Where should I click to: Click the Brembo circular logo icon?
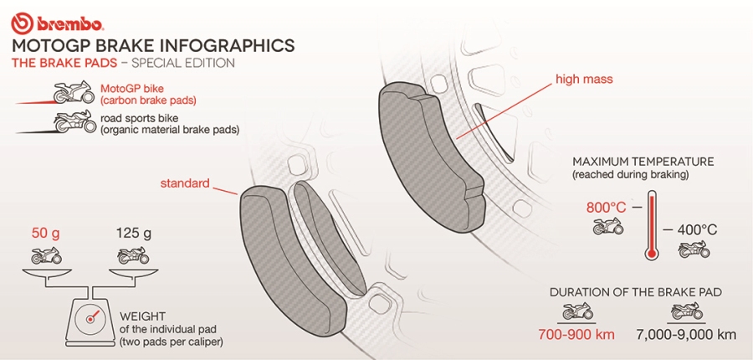[x=21, y=24]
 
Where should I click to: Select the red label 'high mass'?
[x=584, y=79]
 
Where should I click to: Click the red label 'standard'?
[x=185, y=183]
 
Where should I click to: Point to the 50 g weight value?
[x=46, y=234]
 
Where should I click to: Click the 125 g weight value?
[x=134, y=234]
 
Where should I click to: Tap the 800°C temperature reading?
[x=607, y=208]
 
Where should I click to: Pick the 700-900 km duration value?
[x=576, y=335]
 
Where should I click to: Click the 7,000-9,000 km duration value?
[x=686, y=335]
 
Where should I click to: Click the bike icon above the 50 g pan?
[x=46, y=255]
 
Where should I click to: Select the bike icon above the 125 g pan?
[x=133, y=255]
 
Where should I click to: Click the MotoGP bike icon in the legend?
[x=74, y=92]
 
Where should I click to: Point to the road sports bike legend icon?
[x=74, y=121]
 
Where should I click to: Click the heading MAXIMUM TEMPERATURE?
[x=643, y=161]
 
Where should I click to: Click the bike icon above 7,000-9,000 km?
[x=686, y=311]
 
